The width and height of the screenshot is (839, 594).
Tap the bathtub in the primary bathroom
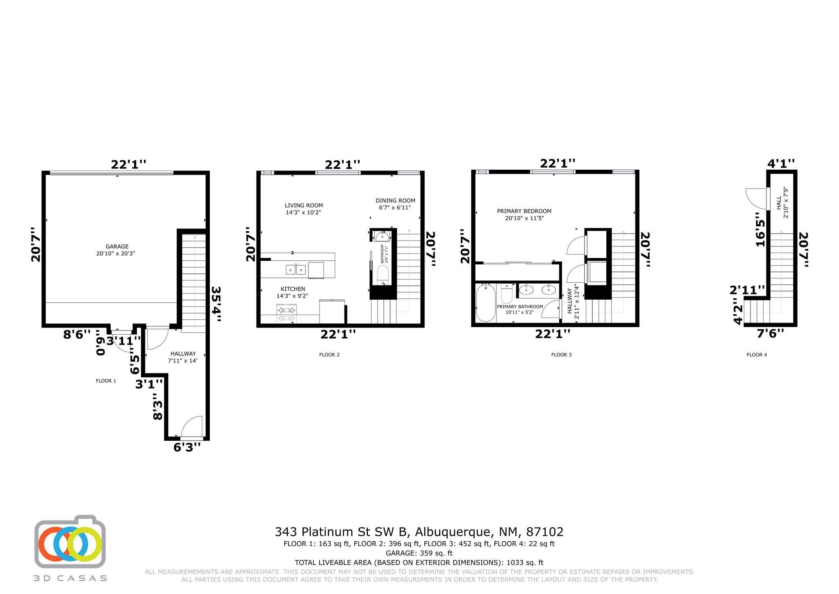pos(485,303)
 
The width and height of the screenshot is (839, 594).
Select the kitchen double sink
pos(295,269)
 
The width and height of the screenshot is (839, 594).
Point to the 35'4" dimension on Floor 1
pos(216,303)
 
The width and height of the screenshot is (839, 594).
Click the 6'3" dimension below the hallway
pos(187,447)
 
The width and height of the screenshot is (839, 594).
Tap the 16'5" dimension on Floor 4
pos(760,229)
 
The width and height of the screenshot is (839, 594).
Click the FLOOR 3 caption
pos(561,355)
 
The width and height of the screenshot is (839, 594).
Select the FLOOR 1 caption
pos(106,381)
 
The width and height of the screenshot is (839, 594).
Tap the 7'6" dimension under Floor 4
pos(770,333)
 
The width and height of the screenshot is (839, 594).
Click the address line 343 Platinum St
pos(419,532)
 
